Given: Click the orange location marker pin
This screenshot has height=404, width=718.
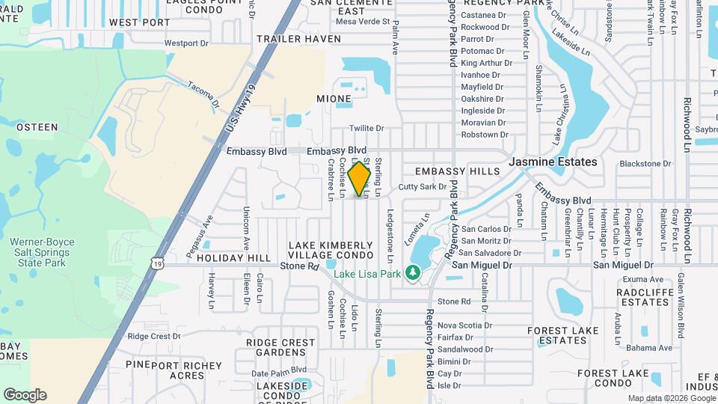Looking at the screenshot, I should (x=360, y=178).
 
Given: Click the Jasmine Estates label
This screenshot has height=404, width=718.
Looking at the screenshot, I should (x=553, y=162).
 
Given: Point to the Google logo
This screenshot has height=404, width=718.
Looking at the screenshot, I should (x=25, y=395).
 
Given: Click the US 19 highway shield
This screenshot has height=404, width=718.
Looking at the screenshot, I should (x=156, y=263).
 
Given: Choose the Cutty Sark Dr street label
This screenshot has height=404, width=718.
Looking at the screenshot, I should (x=422, y=187).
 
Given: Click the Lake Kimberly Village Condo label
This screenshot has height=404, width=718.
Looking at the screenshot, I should (x=330, y=251).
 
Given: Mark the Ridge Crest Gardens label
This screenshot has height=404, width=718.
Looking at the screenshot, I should (x=280, y=347).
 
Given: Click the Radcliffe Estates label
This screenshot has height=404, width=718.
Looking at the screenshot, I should (x=643, y=297).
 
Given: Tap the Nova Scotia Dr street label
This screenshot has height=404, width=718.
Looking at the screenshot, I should (x=464, y=325).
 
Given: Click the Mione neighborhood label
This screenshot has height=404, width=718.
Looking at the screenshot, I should (x=334, y=99).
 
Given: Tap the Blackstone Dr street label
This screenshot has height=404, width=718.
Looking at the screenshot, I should (x=645, y=164).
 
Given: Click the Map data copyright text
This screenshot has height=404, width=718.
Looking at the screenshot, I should (x=671, y=398).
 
